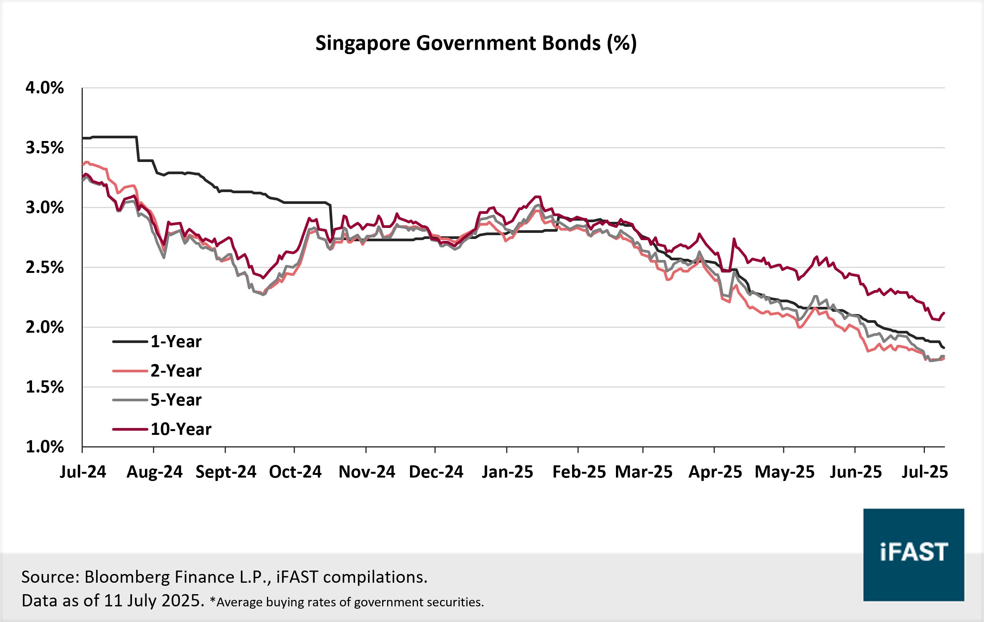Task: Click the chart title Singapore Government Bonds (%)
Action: (476, 43)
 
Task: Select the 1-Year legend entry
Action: (176, 341)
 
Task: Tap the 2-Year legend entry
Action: (176, 371)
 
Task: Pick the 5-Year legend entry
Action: (176, 400)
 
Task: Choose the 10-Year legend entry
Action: (181, 429)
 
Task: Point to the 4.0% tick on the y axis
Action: (45, 88)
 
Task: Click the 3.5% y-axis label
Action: (45, 148)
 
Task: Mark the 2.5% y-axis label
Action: (45, 268)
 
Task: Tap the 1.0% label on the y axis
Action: (45, 447)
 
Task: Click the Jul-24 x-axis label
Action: (83, 472)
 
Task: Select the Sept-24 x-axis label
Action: (225, 472)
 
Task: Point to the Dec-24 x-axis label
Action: (436, 472)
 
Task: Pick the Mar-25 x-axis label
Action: (644, 472)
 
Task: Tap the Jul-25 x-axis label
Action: (925, 472)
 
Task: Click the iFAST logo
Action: (913, 555)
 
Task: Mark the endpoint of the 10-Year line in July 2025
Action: (944, 313)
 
